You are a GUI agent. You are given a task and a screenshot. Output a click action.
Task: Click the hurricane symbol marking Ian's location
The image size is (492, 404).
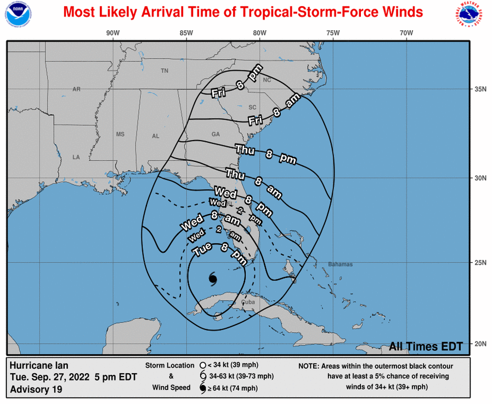213,278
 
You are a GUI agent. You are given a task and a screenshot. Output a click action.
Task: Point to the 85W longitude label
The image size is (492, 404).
186,33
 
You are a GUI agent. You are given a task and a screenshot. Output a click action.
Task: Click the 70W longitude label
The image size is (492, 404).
406,33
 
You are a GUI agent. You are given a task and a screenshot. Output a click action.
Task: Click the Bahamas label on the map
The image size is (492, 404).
341,265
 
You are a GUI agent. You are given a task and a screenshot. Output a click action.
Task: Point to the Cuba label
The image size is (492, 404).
248,302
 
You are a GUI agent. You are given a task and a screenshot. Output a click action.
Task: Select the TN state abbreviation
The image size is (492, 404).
165,71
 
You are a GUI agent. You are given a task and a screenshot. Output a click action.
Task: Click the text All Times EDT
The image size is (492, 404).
426,346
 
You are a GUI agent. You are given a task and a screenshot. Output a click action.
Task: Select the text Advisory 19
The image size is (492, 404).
36,389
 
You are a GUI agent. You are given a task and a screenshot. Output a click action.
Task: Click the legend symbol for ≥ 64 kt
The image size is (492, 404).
203,389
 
